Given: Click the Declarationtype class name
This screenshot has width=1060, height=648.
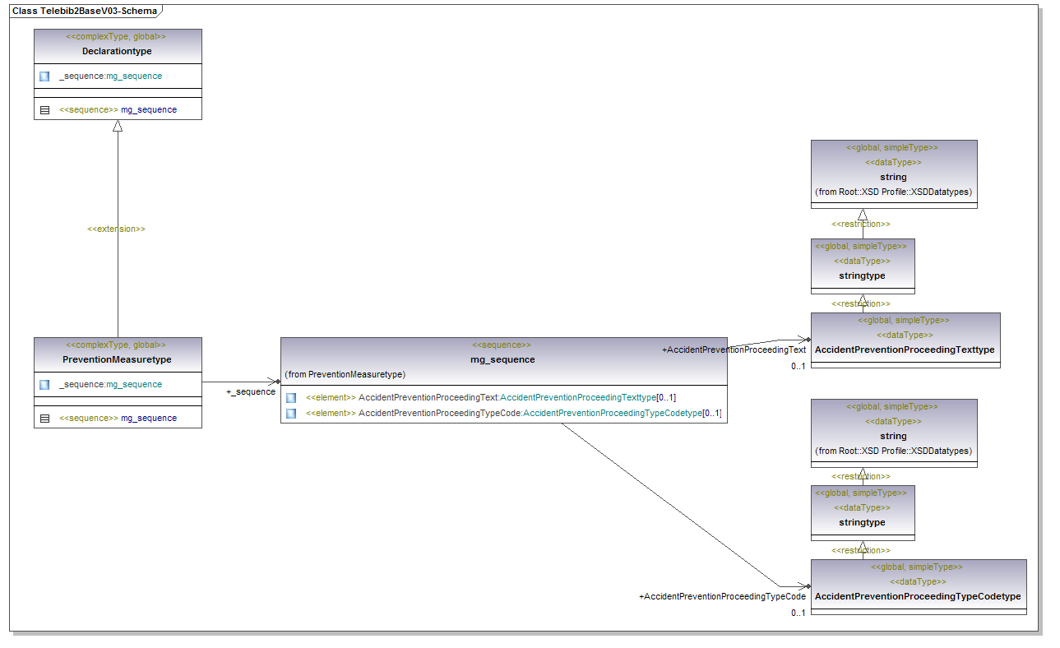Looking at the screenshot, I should coord(117,51).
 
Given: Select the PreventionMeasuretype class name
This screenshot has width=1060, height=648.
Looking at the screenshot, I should coord(117,359).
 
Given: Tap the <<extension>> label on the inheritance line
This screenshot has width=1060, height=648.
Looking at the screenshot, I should coord(116,229).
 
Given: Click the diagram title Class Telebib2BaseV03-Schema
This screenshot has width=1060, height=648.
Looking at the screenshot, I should coord(85,11).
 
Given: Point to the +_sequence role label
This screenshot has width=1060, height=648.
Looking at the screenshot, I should coord(251,391).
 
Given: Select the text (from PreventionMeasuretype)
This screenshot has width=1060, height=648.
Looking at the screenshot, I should coord(345,374).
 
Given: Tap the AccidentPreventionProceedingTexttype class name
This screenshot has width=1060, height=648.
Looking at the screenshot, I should coord(905,349).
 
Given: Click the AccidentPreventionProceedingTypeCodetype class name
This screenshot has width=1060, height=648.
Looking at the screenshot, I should coord(918,596).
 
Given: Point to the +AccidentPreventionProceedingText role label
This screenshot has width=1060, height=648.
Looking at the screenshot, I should coord(734,349).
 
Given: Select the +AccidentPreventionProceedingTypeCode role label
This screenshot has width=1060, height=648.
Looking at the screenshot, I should coord(722,596).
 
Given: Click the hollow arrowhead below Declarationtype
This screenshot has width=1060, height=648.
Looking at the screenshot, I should coord(118,126).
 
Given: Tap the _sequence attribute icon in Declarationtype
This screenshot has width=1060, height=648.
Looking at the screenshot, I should coord(44,76).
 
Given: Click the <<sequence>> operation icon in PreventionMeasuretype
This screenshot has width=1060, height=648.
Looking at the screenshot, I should coord(44,418).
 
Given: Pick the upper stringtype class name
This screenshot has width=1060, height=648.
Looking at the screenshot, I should coord(862,275).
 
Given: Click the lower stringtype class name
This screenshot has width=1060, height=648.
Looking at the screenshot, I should coord(862,522).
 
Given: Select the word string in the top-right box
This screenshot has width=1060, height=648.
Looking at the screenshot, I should coord(893,177).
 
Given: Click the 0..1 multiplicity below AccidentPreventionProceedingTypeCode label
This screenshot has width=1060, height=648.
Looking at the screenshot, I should coord(798,613).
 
